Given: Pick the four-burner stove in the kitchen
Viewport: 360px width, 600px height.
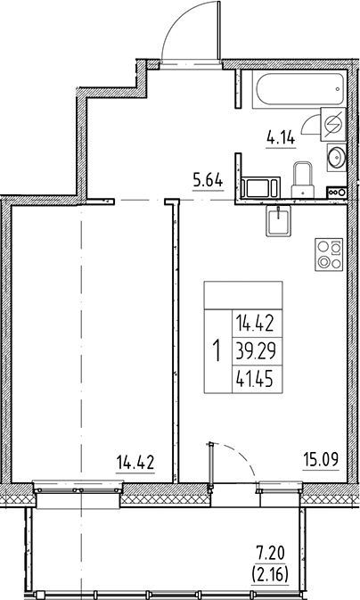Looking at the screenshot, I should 327,257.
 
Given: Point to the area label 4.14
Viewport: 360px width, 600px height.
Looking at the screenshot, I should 282,138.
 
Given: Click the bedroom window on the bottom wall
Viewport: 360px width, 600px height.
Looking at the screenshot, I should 78,486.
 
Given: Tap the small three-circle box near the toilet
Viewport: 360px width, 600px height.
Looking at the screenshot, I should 337,191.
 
